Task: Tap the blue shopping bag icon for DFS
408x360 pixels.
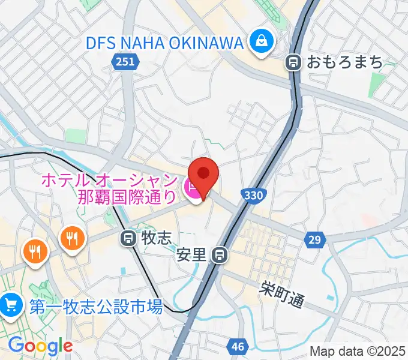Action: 262,42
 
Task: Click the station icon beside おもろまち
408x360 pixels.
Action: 294,61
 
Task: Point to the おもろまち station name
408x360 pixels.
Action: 337,61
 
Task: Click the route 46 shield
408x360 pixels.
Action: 238,346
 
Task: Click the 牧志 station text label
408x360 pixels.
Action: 155,238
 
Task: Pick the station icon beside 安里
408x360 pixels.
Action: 220,255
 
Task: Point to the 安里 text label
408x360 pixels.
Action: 192,255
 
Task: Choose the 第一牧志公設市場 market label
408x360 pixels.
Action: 96,307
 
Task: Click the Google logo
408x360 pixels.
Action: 40,346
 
